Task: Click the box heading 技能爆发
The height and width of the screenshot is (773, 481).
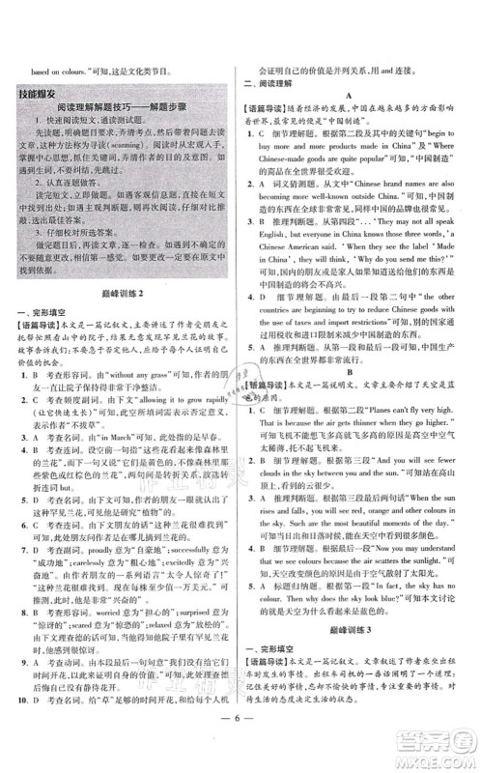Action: (47, 94)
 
